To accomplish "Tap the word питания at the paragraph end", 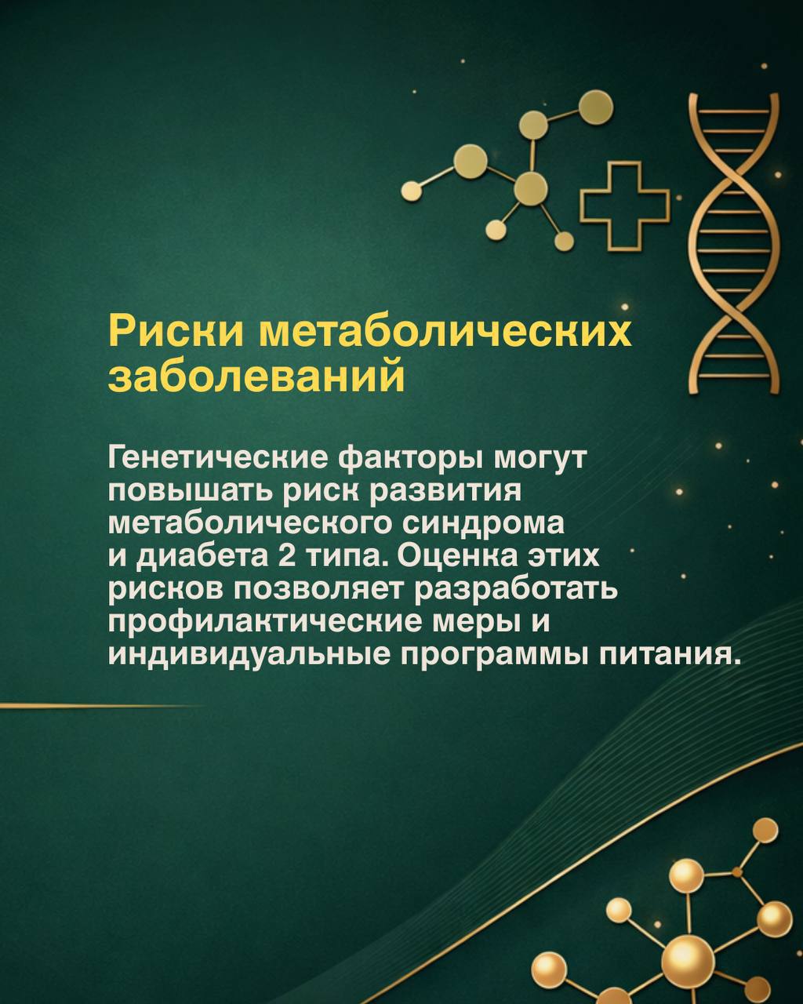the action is tap(663, 655).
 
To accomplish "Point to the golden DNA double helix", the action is tap(734, 242).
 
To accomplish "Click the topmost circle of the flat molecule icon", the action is tap(596, 105).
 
